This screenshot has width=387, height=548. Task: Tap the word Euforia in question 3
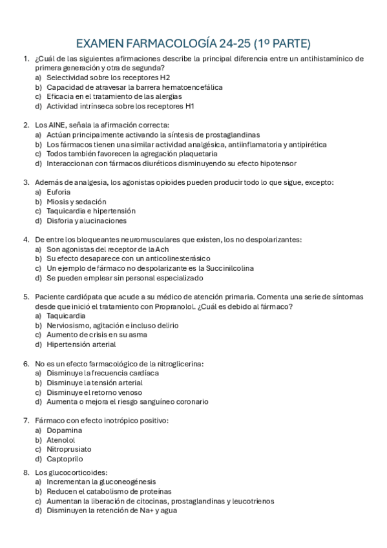pyautogui.click(x=59, y=192)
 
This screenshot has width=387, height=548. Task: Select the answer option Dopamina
pyautogui.click(x=64, y=430)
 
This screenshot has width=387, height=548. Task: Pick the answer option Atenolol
pyautogui.click(x=61, y=439)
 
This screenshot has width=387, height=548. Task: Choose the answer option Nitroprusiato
pyautogui.click(x=68, y=448)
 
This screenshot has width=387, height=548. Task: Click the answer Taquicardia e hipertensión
pyautogui.click(x=91, y=211)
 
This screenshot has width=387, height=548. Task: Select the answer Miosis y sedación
pyautogui.click(x=77, y=202)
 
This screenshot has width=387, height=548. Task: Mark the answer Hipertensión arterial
pyautogui.click(x=81, y=344)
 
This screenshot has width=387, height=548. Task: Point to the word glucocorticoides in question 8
pyautogui.click(x=76, y=472)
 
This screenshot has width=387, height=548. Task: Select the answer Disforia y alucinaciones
pyautogui.click(x=87, y=220)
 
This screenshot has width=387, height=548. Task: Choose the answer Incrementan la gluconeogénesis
pyautogui.click(x=101, y=481)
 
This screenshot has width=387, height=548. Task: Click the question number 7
pyautogui.click(x=25, y=420)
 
